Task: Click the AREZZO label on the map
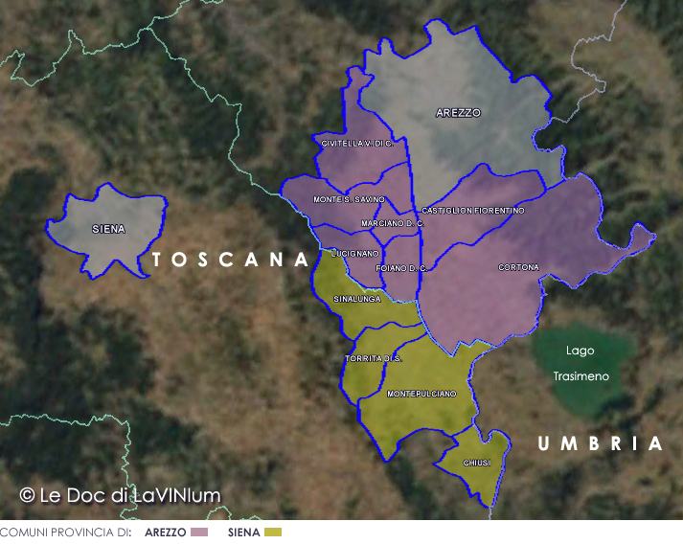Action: (x=458, y=113)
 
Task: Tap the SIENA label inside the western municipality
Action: (x=108, y=229)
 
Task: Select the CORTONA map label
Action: (x=518, y=267)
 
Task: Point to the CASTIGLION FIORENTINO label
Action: (x=472, y=210)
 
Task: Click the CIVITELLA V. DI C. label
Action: (x=357, y=143)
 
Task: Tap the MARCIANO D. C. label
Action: (x=392, y=223)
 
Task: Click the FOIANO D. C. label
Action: (x=401, y=268)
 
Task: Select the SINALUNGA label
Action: (x=356, y=299)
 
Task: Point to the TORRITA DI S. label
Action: (x=374, y=358)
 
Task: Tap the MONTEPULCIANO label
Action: (x=421, y=394)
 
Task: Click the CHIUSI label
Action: (x=476, y=463)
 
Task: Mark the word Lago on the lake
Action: (x=580, y=351)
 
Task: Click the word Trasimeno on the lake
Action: (x=581, y=376)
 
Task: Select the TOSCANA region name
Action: (x=231, y=260)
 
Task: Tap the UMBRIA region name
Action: (x=600, y=443)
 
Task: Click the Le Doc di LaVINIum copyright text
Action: (x=120, y=495)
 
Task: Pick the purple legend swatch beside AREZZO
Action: (x=199, y=532)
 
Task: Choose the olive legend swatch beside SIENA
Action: (x=272, y=532)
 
